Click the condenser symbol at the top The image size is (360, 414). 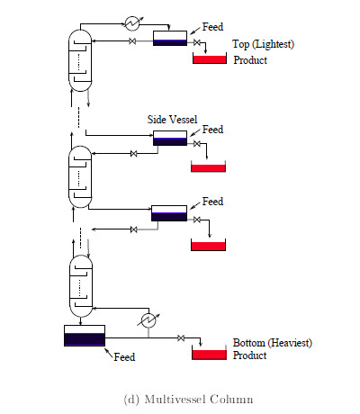(x=132, y=23)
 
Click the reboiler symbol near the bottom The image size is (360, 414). (x=148, y=320)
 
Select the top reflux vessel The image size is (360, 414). (x=170, y=39)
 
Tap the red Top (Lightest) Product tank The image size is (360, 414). (x=210, y=58)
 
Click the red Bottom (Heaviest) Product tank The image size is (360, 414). (x=209, y=354)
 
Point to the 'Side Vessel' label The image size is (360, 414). (x=172, y=120)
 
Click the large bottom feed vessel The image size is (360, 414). (x=85, y=336)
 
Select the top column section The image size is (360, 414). (x=80, y=60)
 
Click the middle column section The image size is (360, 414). (x=80, y=176)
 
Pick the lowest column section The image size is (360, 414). (x=81, y=286)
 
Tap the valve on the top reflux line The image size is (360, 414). (x=132, y=41)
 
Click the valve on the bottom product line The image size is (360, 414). (x=181, y=338)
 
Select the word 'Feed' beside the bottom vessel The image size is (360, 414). (x=124, y=357)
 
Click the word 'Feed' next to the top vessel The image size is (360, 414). (x=212, y=27)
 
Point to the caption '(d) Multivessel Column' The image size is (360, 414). (x=188, y=400)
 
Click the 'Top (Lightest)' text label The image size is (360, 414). (x=263, y=44)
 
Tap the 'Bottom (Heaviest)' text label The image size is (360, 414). (x=273, y=343)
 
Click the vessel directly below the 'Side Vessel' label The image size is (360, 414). (x=170, y=138)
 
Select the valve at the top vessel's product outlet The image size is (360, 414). (x=197, y=42)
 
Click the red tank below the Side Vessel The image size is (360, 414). (x=208, y=166)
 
